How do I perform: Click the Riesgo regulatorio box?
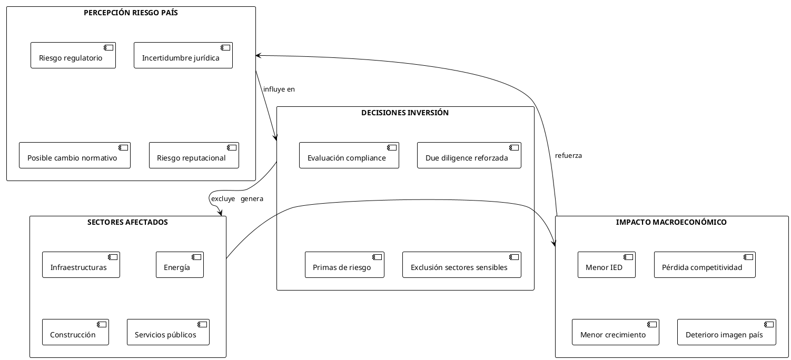pyautogui.click(x=73, y=55)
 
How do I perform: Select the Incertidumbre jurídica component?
pyautogui.click(x=183, y=55)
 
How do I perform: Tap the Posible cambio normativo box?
pyautogui.click(x=74, y=155)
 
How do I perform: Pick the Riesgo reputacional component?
pyautogui.click(x=194, y=155)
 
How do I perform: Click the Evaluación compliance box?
pyautogui.click(x=349, y=155)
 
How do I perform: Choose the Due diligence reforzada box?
pyautogui.click(x=469, y=155)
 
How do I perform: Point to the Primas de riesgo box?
pyautogui.click(x=344, y=265)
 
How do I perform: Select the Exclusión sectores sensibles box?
pyautogui.click(x=461, y=265)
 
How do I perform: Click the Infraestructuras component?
pyautogui.click(x=81, y=265)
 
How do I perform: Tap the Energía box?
pyautogui.click(x=180, y=265)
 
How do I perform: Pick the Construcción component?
pyautogui.click(x=75, y=332)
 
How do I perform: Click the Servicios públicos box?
pyautogui.click(x=168, y=332)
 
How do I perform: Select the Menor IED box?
pyautogui.click(x=606, y=265)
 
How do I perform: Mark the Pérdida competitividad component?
pyautogui.click(x=704, y=265)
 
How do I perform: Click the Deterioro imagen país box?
pyautogui.click(x=726, y=332)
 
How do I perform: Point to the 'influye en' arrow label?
pyautogui.click(x=279, y=89)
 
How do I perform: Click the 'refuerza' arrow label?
pyautogui.click(x=568, y=156)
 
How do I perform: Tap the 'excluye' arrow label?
pyautogui.click(x=223, y=199)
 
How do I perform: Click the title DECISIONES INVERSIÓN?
pyautogui.click(x=405, y=113)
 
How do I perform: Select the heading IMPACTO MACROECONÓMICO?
pyautogui.click(x=671, y=222)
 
